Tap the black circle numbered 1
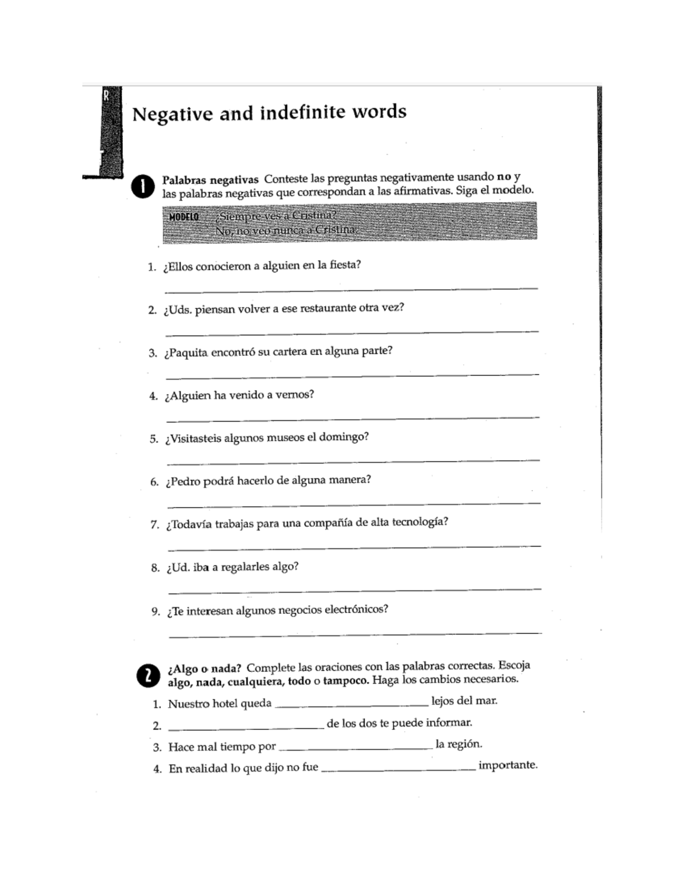click(x=142, y=187)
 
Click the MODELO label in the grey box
click(x=184, y=217)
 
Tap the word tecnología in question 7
click(x=419, y=522)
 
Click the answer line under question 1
click(x=351, y=288)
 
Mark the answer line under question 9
click(x=355, y=633)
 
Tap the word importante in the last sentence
click(x=508, y=765)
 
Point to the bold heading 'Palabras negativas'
click(x=210, y=180)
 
